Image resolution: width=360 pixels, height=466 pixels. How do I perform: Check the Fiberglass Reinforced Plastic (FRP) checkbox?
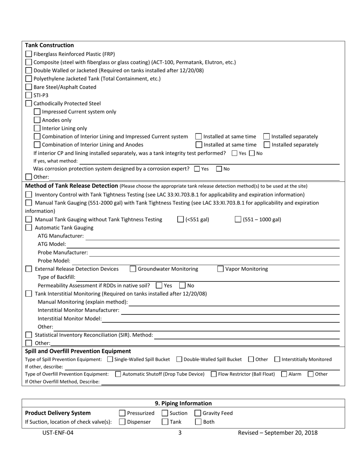coord(29,54)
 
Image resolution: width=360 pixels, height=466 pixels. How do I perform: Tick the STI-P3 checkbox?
coord(29,95)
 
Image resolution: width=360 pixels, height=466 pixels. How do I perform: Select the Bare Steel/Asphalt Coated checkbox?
coord(29,87)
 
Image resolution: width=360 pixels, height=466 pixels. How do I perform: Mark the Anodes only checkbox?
coord(37,120)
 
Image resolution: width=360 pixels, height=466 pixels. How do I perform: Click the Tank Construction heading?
coord(49,45)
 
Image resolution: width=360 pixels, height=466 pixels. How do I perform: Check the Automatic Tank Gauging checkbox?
coord(29,228)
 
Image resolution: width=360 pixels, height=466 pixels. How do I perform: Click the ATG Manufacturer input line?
coord(212,236)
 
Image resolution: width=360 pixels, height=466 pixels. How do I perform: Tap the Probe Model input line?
coord(205,261)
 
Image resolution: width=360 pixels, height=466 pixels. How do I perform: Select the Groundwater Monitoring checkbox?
coord(133,269)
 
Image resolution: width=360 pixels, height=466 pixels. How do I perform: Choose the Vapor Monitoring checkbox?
coord(221,269)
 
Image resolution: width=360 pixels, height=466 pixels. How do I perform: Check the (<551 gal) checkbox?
coord(181,219)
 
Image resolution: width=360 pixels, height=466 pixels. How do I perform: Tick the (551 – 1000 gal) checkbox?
coord(238,219)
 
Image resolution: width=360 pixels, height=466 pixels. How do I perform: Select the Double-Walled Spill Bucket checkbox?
coord(179,359)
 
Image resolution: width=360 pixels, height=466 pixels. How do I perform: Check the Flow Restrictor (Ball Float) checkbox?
coord(214,374)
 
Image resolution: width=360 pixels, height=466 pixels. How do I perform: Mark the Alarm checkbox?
coord(284,374)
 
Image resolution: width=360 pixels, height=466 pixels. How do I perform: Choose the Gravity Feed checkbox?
coord(198,413)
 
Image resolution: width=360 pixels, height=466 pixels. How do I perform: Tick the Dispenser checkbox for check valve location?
coord(122,422)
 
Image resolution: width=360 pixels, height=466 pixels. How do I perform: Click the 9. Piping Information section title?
coord(183,403)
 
